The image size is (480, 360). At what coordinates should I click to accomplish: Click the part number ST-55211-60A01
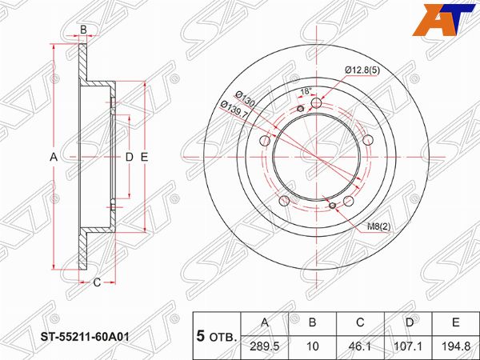(86, 337)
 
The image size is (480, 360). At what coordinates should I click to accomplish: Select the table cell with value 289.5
(265, 346)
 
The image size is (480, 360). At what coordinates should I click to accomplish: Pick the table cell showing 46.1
(360, 346)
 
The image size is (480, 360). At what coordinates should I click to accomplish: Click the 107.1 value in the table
(409, 346)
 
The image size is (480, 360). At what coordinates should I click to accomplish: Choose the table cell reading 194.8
(456, 346)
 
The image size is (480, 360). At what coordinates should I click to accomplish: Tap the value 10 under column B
(312, 346)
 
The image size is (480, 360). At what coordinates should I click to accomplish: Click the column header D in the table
(410, 322)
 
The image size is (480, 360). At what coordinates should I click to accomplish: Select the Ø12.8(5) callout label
(362, 70)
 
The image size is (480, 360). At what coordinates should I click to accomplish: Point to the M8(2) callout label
(379, 227)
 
